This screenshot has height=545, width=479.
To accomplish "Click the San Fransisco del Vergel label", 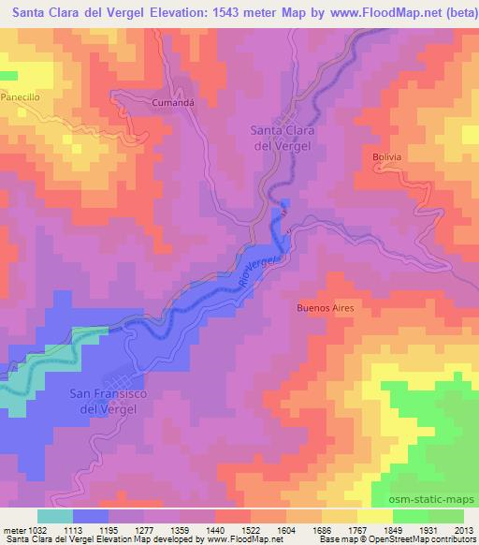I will [x=109, y=402].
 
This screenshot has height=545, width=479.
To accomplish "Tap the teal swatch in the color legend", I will [x=55, y=515].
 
